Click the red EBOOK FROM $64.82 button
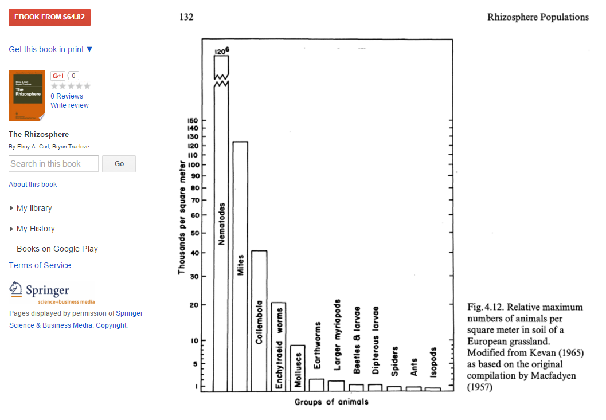49,17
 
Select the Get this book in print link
50,49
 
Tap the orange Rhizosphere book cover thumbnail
27,96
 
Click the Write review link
69,105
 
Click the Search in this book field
53,164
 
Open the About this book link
33,185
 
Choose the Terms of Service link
40,265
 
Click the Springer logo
52,292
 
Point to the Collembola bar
259,321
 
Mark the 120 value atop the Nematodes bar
222,52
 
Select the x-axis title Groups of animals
331,402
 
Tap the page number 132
186,17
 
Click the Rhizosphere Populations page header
538,17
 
